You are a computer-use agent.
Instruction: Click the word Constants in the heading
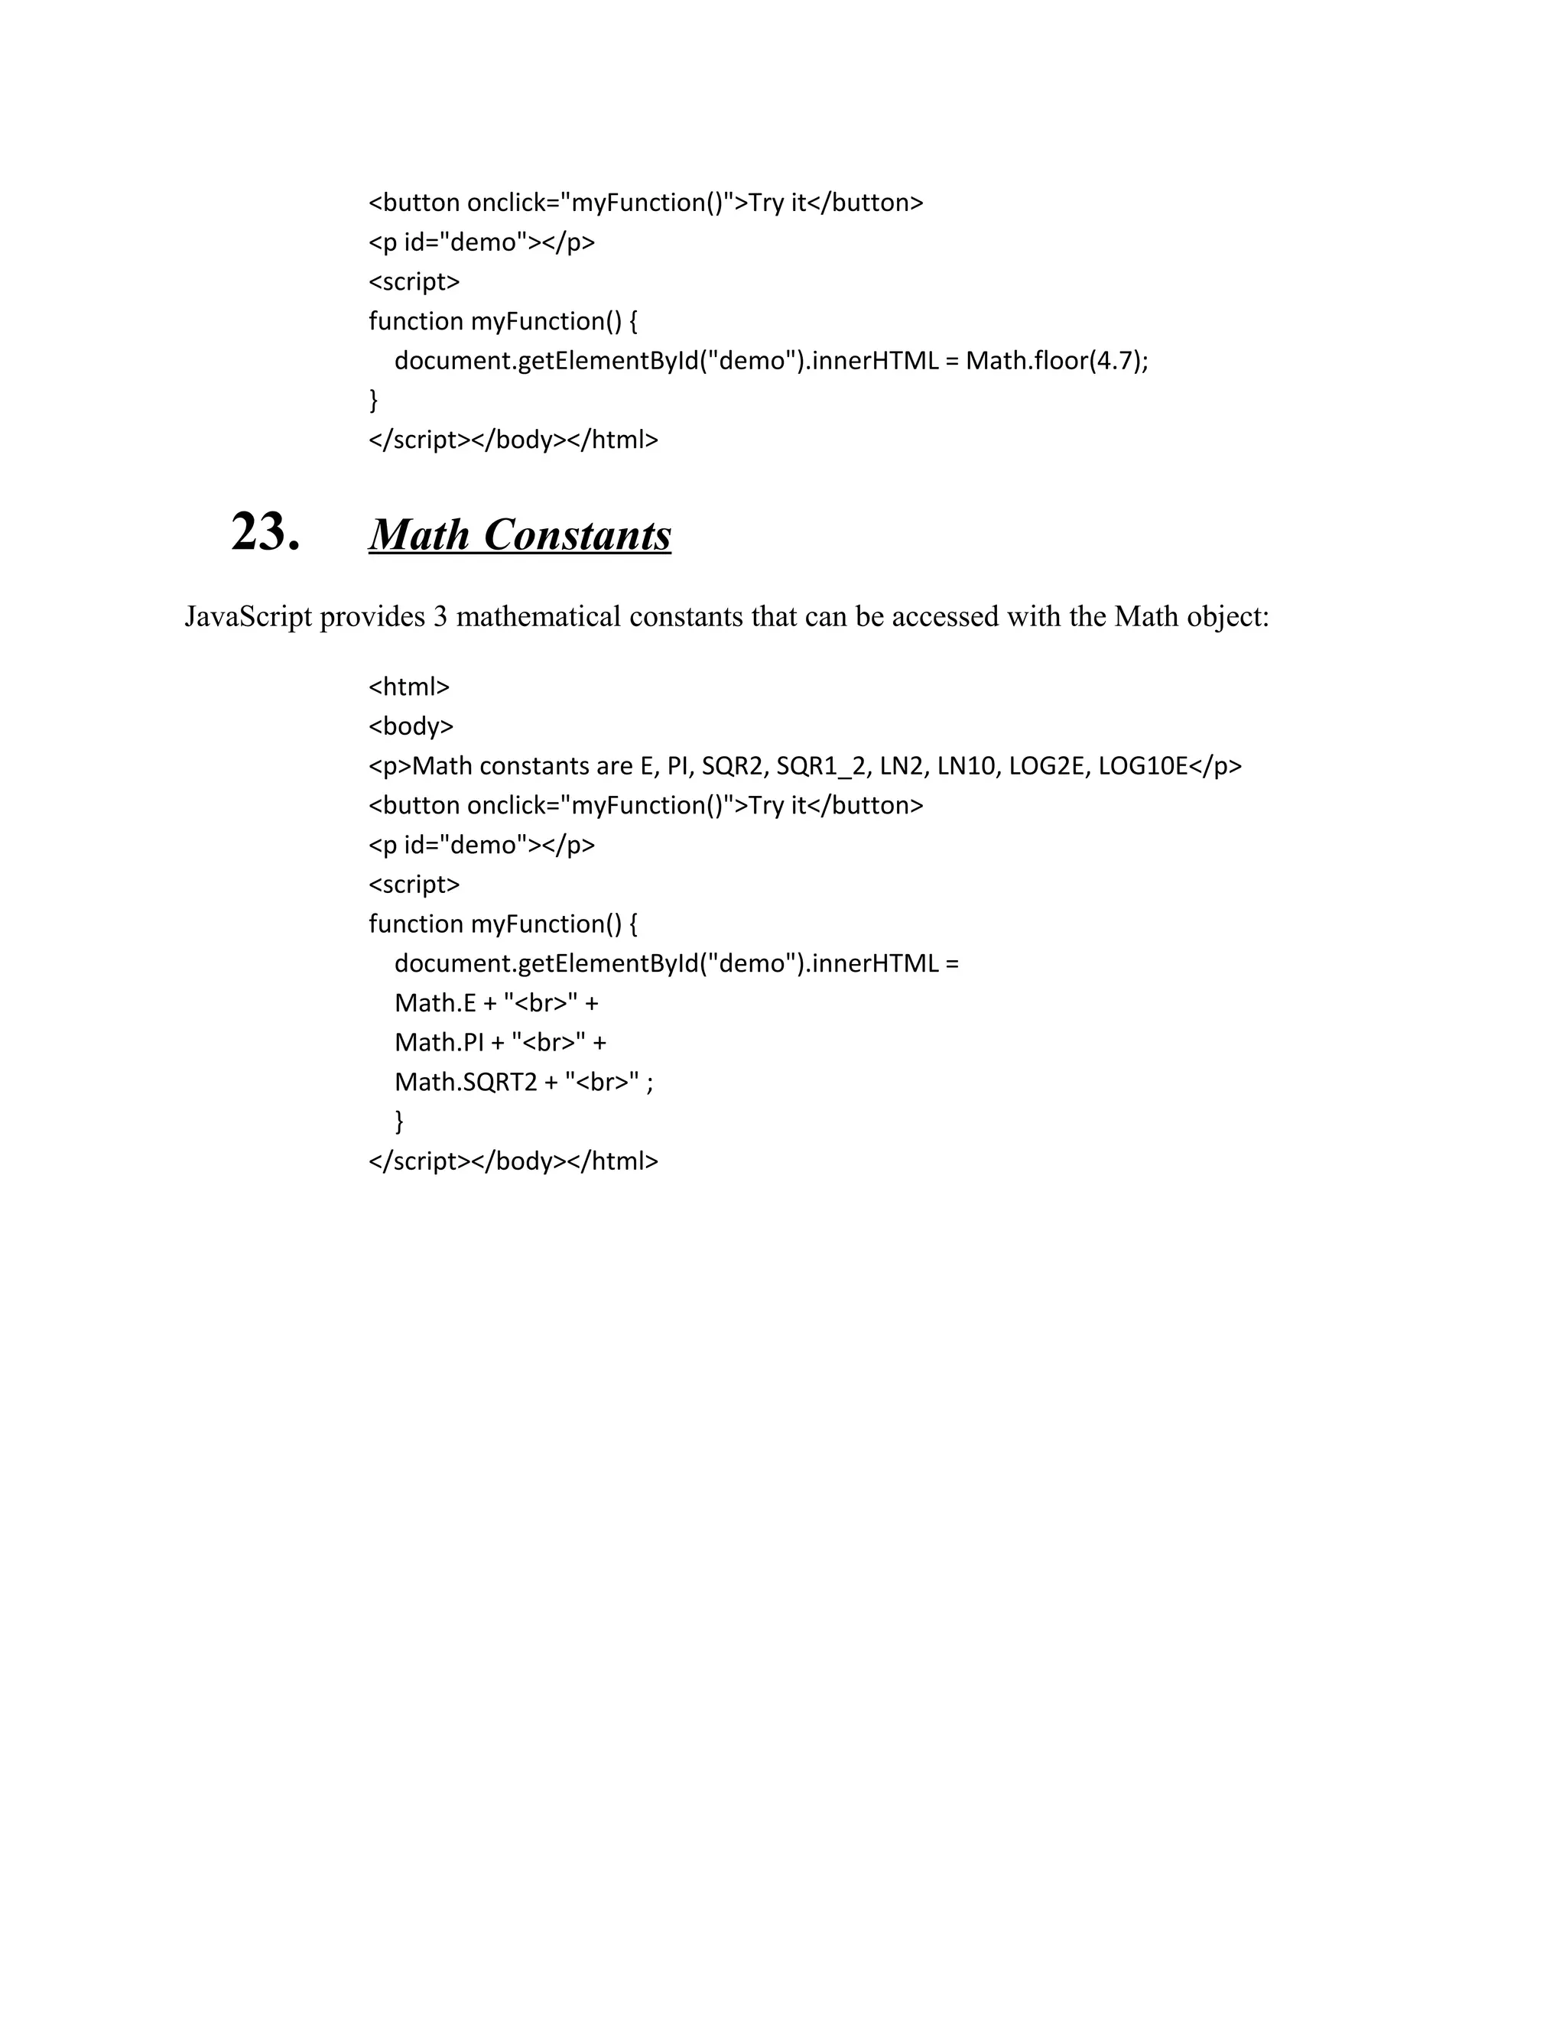point(577,535)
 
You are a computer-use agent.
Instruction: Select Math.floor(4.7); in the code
point(1057,360)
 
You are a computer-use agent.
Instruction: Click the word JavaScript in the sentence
point(248,617)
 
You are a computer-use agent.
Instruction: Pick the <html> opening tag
point(409,687)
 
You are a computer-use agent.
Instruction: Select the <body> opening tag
point(411,726)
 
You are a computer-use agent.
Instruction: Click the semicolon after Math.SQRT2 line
point(649,1083)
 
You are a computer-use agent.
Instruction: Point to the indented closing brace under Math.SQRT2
point(400,1122)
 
